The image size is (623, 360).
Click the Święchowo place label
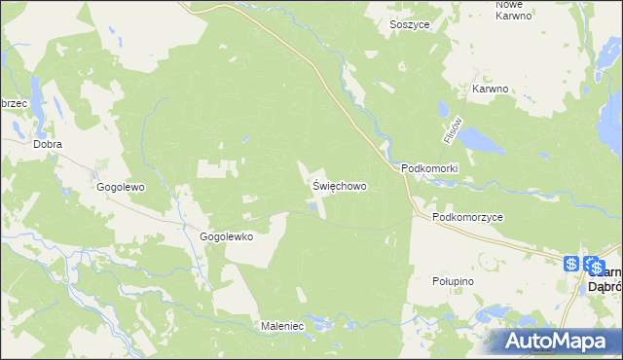coord(340,184)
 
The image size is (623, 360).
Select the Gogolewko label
coord(226,236)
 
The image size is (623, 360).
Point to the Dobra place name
coord(47,144)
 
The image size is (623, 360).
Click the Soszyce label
coord(410,24)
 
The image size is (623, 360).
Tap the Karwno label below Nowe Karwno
coord(491,89)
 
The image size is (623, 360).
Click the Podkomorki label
coord(429,168)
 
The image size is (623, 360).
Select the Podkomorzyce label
coord(468,218)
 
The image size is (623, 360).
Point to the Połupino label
coord(452,280)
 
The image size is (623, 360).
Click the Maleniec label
coord(284,325)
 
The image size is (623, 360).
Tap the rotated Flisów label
coord(450,129)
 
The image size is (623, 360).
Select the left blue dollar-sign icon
coord(572,265)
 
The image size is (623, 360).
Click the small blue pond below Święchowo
coord(313,204)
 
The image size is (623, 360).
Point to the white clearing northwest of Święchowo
coord(217,167)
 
